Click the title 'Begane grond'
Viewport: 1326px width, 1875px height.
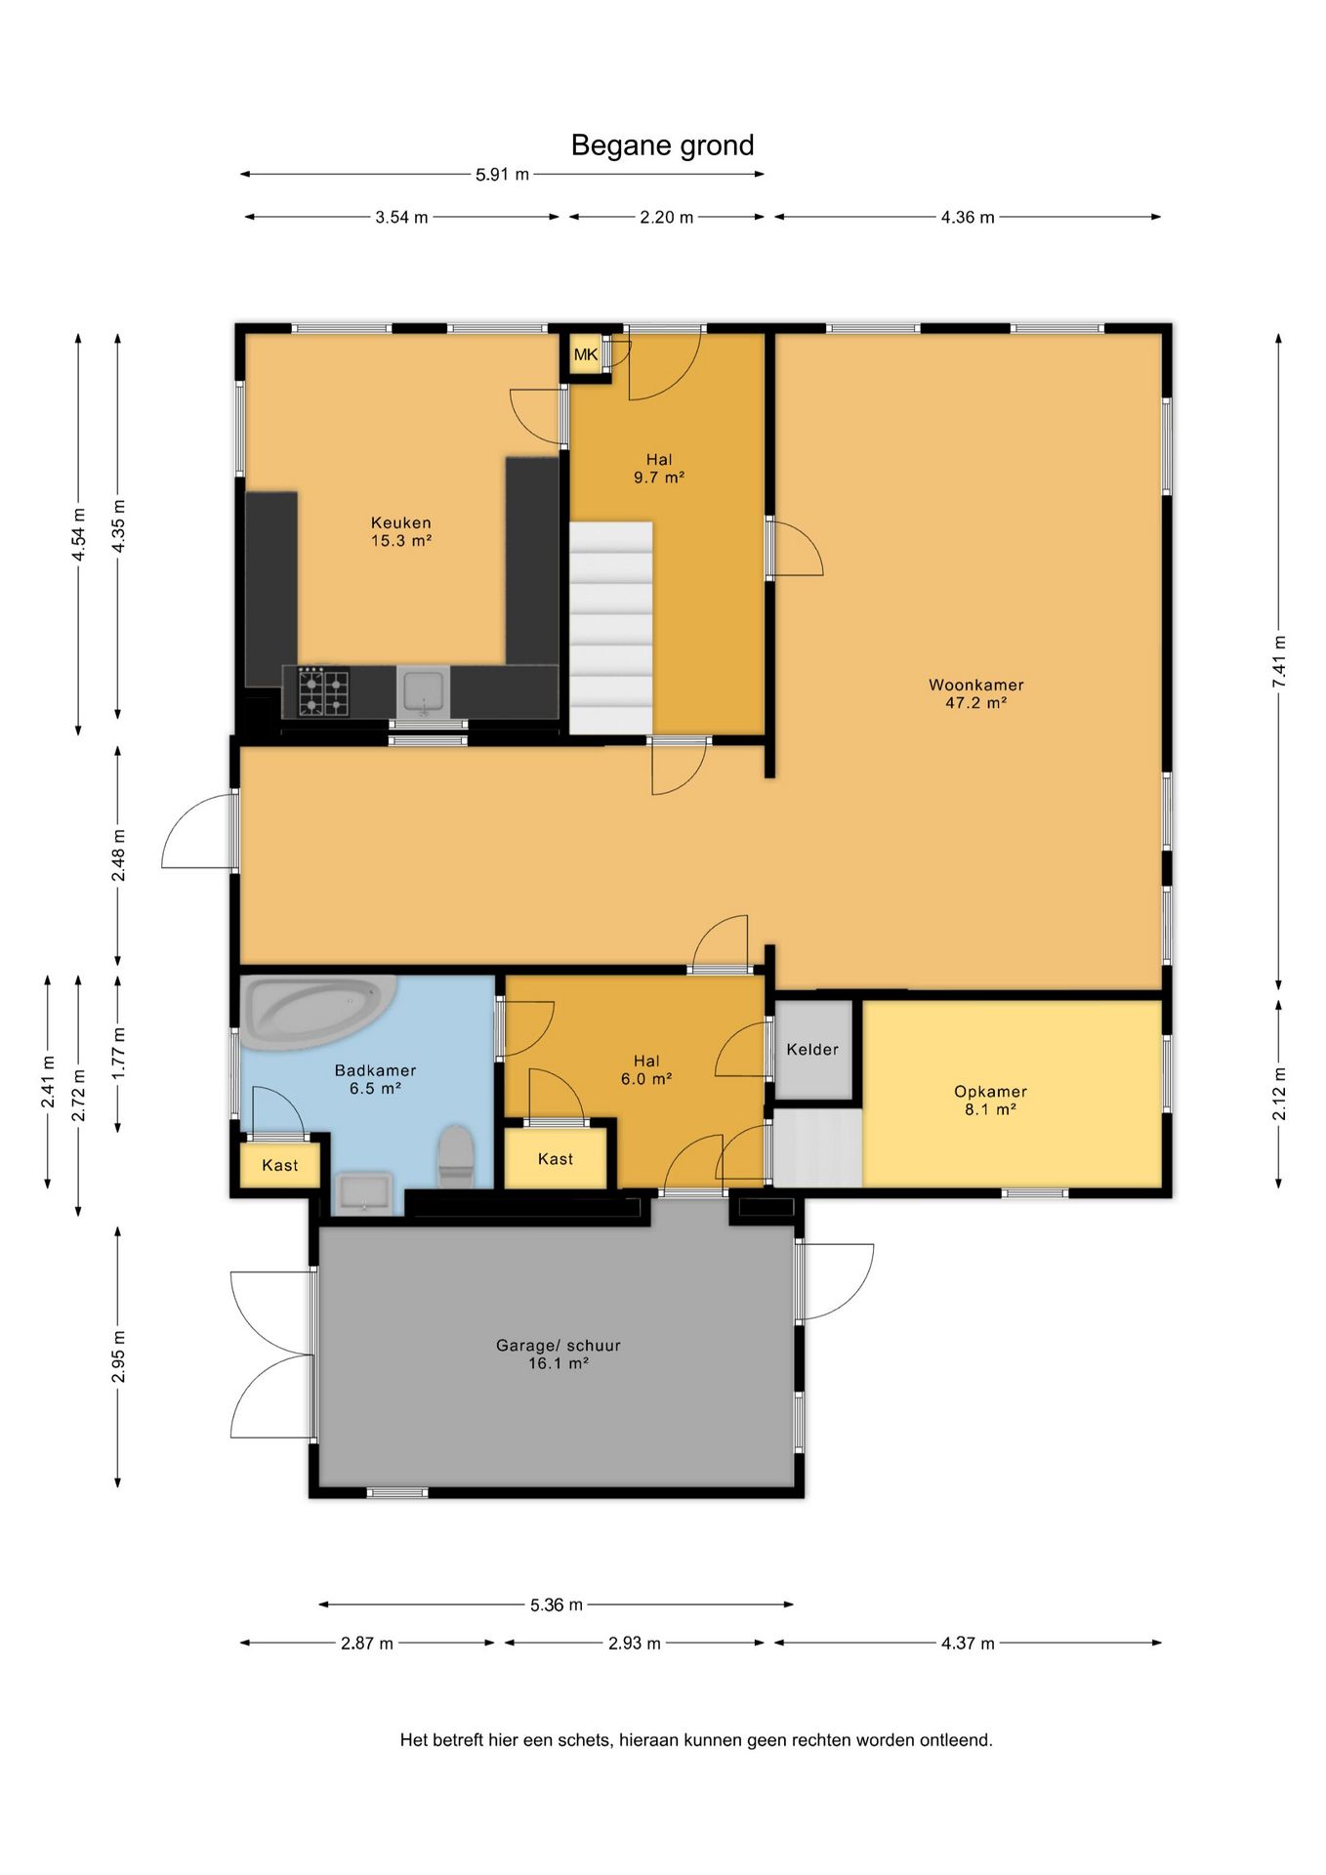[x=662, y=146]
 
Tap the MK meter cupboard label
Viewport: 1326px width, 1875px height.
[x=586, y=354]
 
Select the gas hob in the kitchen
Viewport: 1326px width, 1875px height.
[x=323, y=691]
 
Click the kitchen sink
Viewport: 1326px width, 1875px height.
[x=424, y=691]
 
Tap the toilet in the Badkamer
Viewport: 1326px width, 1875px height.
[x=455, y=1156]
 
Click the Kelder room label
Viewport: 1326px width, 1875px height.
[x=812, y=1050]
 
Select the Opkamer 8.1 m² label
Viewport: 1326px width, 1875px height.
[x=990, y=1101]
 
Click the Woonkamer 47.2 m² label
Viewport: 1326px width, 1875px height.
[x=976, y=693]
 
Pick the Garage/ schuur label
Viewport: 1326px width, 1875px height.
[x=559, y=1354]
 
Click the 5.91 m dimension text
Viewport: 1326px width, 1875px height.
[x=502, y=175]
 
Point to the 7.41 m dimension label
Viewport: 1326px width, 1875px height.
[x=1279, y=661]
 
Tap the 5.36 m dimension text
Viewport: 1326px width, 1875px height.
[x=557, y=1604]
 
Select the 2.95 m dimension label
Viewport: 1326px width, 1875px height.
[x=118, y=1356]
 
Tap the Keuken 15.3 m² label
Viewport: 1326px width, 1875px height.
[x=401, y=531]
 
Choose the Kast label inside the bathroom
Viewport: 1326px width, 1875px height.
[x=280, y=1165]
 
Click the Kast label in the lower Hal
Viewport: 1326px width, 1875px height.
[x=556, y=1159]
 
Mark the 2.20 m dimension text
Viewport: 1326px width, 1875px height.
[x=667, y=217]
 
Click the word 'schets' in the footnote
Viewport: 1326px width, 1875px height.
[x=584, y=1740]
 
